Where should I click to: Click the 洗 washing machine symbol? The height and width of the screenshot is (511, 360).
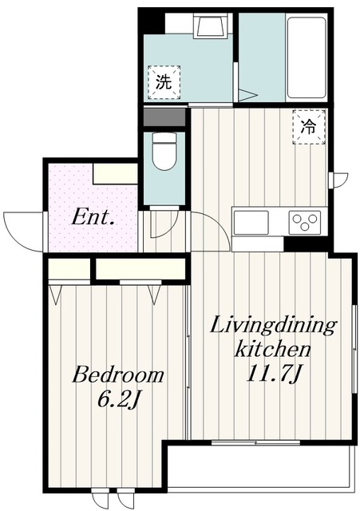tap(164, 81)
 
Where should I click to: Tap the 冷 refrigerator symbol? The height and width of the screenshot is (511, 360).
tap(309, 127)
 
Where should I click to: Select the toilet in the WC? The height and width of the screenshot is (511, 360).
tap(164, 151)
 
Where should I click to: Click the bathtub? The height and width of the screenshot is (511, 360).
tap(307, 57)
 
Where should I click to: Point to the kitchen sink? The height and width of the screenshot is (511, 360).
tap(251, 223)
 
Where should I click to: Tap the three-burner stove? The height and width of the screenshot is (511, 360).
tap(305, 223)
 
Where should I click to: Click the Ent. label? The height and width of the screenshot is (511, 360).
tap(93, 217)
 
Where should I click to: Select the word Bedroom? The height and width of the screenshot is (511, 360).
tap(118, 374)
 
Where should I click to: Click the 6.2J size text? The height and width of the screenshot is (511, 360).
tap(119, 400)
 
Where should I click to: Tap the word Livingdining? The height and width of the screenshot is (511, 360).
tap(273, 327)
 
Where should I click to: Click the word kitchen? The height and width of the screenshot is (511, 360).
tap(273, 350)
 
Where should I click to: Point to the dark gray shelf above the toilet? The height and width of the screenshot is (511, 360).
tap(164, 117)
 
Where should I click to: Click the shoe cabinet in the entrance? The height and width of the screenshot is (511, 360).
tap(115, 173)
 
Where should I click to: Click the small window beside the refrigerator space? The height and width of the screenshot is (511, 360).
tap(331, 180)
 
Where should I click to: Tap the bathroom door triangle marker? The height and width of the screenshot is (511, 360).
tap(247, 95)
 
